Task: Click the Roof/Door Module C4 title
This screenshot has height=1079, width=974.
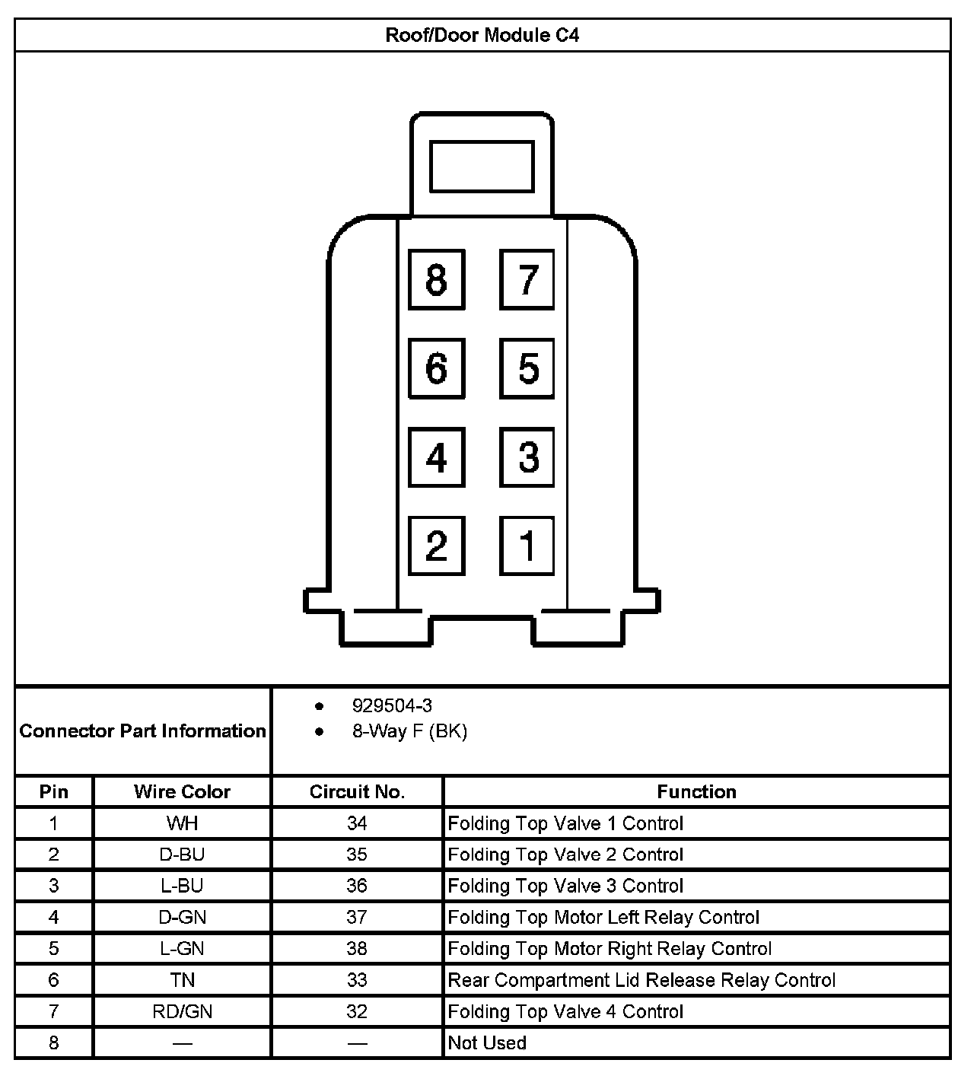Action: click(482, 35)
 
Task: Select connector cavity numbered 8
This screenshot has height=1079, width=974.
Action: click(436, 279)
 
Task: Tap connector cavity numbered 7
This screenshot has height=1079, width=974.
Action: click(527, 279)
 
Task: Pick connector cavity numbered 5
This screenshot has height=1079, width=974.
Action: click(527, 368)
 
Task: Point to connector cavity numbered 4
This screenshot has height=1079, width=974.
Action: click(436, 457)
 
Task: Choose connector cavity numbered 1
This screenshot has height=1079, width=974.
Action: click(527, 546)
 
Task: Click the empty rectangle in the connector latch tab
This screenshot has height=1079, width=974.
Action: click(482, 166)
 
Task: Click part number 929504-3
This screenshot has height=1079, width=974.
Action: click(392, 705)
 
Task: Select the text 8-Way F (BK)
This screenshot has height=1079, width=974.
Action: click(409, 731)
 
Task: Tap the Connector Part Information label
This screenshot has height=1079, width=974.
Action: click(143, 731)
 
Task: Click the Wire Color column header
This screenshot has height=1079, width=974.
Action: click(182, 791)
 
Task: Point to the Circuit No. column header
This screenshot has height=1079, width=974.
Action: click(357, 791)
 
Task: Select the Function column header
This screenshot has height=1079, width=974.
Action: click(696, 791)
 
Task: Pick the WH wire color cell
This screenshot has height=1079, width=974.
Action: click(182, 823)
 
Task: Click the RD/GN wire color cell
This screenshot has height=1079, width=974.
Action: click(182, 1011)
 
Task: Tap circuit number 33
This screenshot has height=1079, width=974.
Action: click(357, 980)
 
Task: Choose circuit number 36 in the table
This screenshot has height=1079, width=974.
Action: click(357, 886)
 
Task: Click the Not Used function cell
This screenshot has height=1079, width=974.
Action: click(487, 1042)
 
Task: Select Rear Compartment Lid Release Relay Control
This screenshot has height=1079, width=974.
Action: click(641, 980)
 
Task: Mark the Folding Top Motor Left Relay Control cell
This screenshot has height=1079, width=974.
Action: click(603, 918)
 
